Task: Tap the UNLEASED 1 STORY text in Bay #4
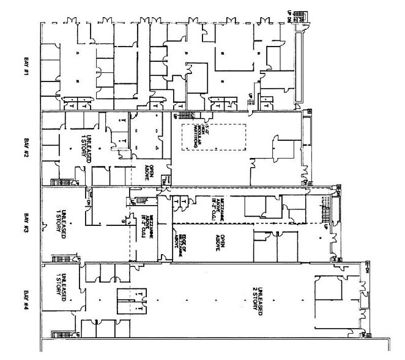tap(62, 293)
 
